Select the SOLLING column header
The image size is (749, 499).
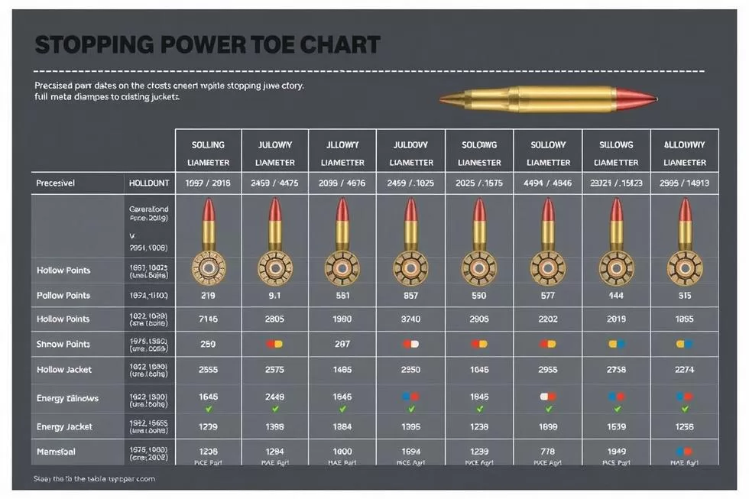pos(208,144)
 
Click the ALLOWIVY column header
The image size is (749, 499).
pos(684,144)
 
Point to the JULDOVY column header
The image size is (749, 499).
pos(410,144)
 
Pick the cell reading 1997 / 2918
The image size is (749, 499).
pos(208,183)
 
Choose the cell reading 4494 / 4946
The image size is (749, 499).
pos(548,183)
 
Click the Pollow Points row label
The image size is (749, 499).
pos(63,295)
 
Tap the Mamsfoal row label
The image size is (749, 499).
pos(56,452)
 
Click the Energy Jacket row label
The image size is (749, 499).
pos(64,426)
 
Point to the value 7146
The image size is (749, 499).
pos(208,319)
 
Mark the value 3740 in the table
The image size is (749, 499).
pos(410,319)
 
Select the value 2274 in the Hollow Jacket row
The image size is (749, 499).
pos(684,370)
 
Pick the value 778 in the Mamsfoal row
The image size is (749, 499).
pos(548,452)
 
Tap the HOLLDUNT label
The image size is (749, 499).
pos(148,183)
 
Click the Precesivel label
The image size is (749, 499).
pos(60,183)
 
